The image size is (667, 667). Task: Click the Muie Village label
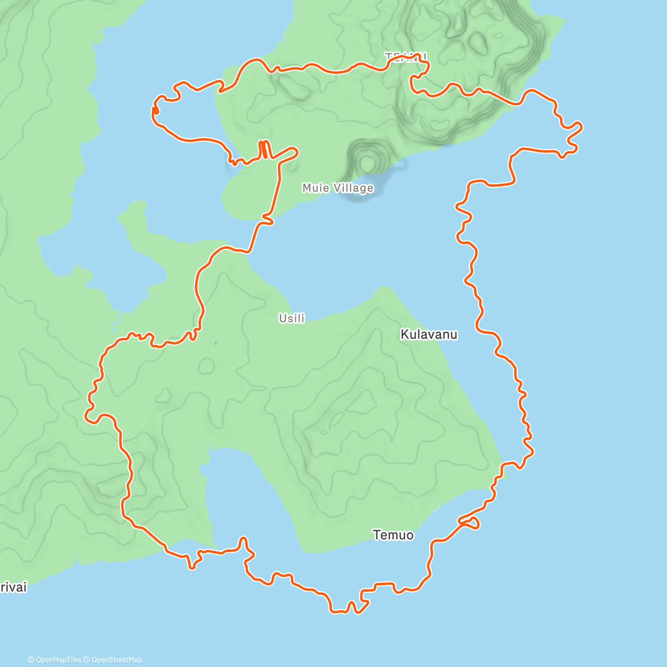coord(337,188)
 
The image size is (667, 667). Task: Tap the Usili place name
coord(292,318)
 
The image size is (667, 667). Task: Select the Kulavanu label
coord(429,335)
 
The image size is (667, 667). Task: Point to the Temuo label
coord(393,535)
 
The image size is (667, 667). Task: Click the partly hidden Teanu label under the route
coord(406,57)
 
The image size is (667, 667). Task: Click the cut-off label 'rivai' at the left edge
coord(13,588)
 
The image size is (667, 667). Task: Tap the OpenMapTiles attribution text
coord(58,660)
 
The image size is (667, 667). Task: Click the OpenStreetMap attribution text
coord(116,660)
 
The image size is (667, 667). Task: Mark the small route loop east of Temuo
coord(471,522)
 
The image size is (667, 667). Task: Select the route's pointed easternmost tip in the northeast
coord(580,127)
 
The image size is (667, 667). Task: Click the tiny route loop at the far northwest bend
coord(155,111)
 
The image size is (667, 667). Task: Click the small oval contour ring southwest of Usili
coord(206,365)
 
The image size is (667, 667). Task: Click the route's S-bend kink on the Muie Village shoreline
coord(267,221)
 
